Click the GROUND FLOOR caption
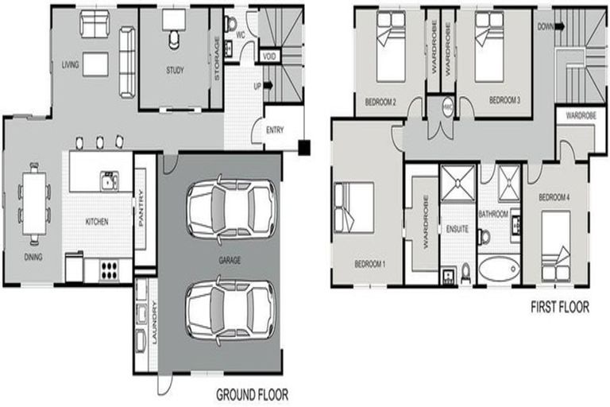click(x=252, y=393)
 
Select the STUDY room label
click(x=176, y=70)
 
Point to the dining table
click(x=34, y=203)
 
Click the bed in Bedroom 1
click(x=353, y=207)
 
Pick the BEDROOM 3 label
click(x=504, y=100)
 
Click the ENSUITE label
click(x=457, y=230)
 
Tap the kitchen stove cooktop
click(x=109, y=268)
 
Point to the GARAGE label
click(x=230, y=260)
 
